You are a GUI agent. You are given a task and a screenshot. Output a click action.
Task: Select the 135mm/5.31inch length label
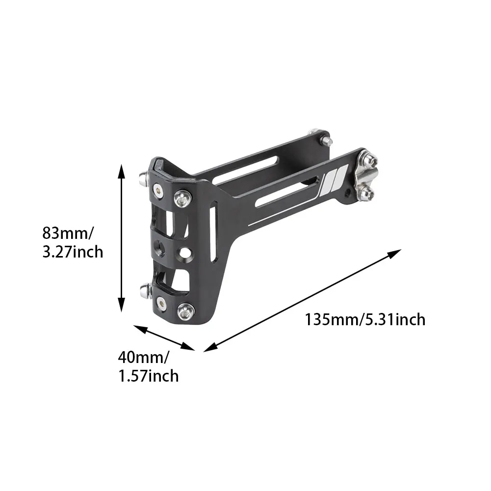[x=365, y=320]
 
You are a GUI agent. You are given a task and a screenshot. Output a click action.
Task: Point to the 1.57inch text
[x=148, y=376]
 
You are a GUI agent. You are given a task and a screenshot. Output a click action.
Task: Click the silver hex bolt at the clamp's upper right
[x=182, y=197]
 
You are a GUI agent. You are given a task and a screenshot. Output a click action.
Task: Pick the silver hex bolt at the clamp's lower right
[x=186, y=310]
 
